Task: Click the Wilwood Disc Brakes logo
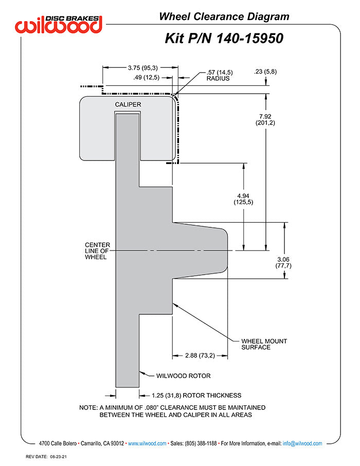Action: pyautogui.click(x=59, y=23)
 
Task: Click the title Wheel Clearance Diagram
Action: pyautogui.click(x=224, y=17)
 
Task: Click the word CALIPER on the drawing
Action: pyautogui.click(x=128, y=104)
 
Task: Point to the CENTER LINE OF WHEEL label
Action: pyautogui.click(x=97, y=250)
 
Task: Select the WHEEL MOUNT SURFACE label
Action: pyautogui.click(x=264, y=344)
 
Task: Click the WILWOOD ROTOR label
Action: pyautogui.click(x=183, y=376)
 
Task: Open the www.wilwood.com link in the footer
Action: pyautogui.click(x=147, y=443)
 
